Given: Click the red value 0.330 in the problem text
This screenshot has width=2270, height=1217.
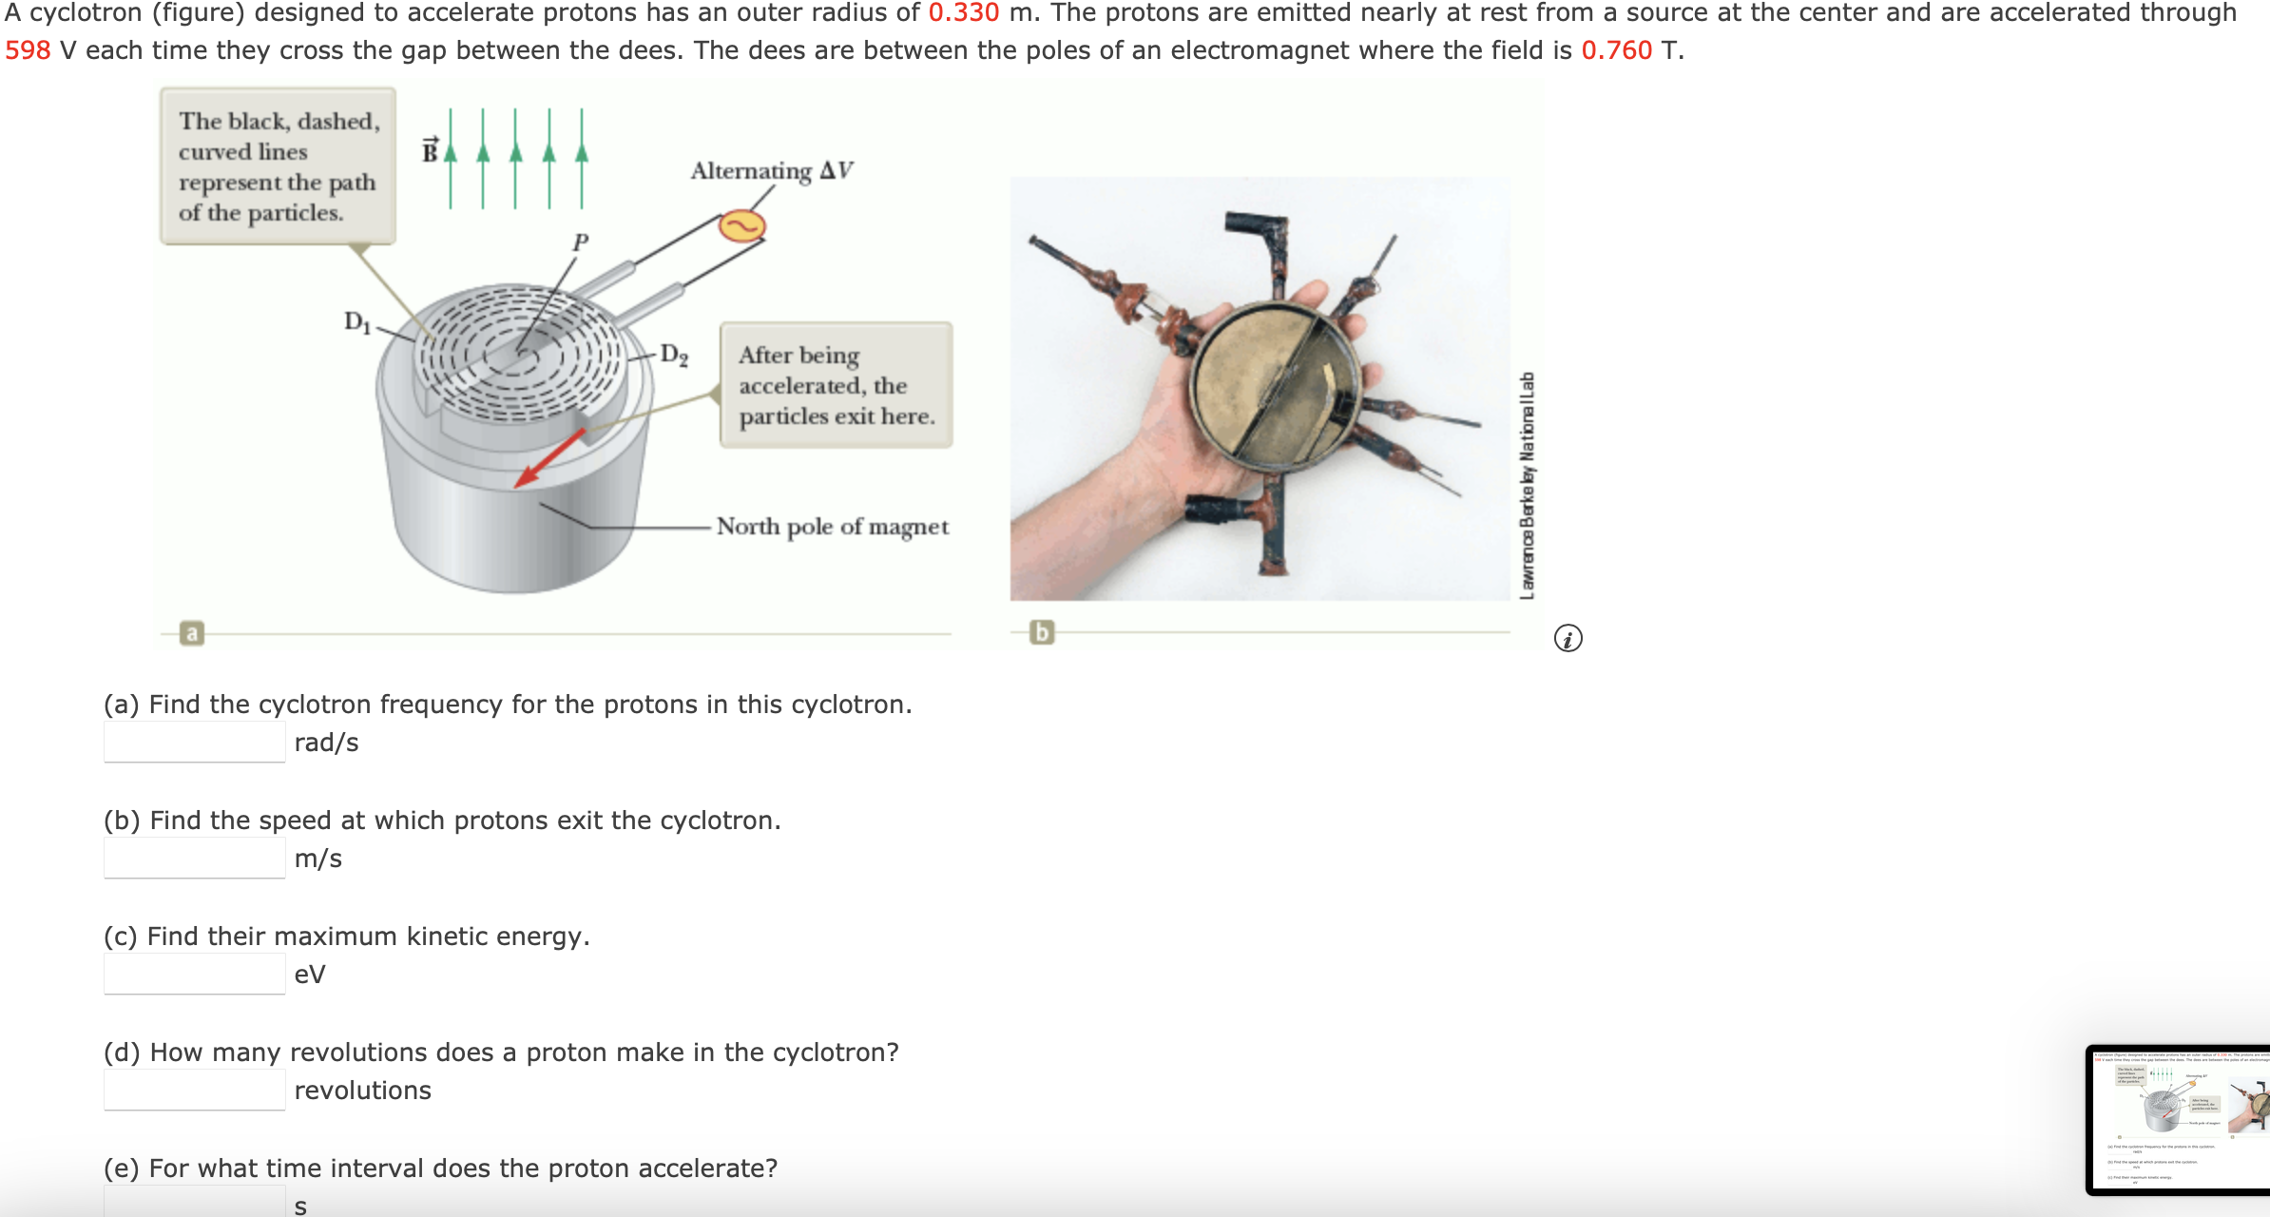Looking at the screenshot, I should [x=963, y=13].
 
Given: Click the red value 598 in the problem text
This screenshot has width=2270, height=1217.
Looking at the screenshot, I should [x=28, y=50].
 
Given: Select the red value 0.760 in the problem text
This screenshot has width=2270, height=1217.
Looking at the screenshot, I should [x=1616, y=50].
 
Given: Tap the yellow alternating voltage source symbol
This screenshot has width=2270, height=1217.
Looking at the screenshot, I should [x=741, y=226].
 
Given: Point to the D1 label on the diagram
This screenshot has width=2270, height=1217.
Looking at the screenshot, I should [x=357, y=321].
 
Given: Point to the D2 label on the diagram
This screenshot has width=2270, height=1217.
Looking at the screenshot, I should [x=674, y=355].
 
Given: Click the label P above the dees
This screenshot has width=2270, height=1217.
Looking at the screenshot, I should [x=580, y=242].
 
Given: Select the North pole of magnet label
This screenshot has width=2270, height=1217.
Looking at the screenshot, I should [x=832, y=527].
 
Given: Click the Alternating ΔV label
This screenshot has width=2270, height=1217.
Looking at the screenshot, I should [x=771, y=171].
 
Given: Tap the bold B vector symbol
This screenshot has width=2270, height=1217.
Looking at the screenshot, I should [x=431, y=150].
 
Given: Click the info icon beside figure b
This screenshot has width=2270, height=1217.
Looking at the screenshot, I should [x=1568, y=638].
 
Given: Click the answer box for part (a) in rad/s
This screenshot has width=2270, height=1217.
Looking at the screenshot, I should [x=194, y=743].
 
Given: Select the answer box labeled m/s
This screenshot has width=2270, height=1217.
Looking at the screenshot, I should [x=194, y=859].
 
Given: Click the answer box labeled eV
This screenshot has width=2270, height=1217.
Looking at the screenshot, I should [x=194, y=975].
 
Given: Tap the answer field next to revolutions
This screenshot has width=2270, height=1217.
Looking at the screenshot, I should [x=194, y=1091].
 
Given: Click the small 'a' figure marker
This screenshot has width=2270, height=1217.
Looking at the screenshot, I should [x=192, y=633].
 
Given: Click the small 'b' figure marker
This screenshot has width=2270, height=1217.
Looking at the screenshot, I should [x=1042, y=632].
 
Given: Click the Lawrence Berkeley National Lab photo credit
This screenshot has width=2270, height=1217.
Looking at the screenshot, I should [x=1527, y=485].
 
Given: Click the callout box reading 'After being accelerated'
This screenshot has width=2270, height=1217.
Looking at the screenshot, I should [x=836, y=385].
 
